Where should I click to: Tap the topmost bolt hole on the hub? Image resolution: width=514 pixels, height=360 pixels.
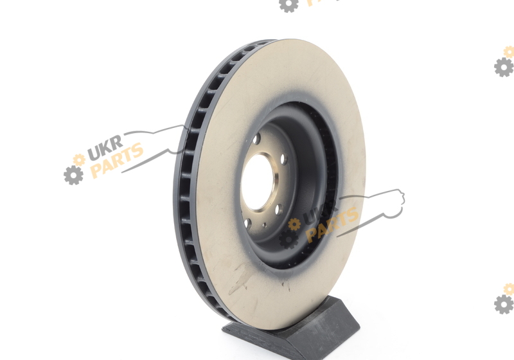pos(256,139)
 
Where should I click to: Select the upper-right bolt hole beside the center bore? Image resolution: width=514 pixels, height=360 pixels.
pos(284,159)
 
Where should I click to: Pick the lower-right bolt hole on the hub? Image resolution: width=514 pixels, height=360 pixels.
pos(279,209)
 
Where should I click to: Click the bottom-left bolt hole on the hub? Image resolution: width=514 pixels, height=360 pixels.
pos(248,224)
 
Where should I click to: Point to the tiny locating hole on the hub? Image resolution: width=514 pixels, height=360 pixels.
pos(264,225)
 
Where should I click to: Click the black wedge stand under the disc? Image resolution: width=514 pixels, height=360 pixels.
pos(291,328)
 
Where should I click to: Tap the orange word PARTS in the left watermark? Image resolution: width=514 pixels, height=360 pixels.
pos(117,160)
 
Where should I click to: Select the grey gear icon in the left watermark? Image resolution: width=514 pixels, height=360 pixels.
pos(73,175)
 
